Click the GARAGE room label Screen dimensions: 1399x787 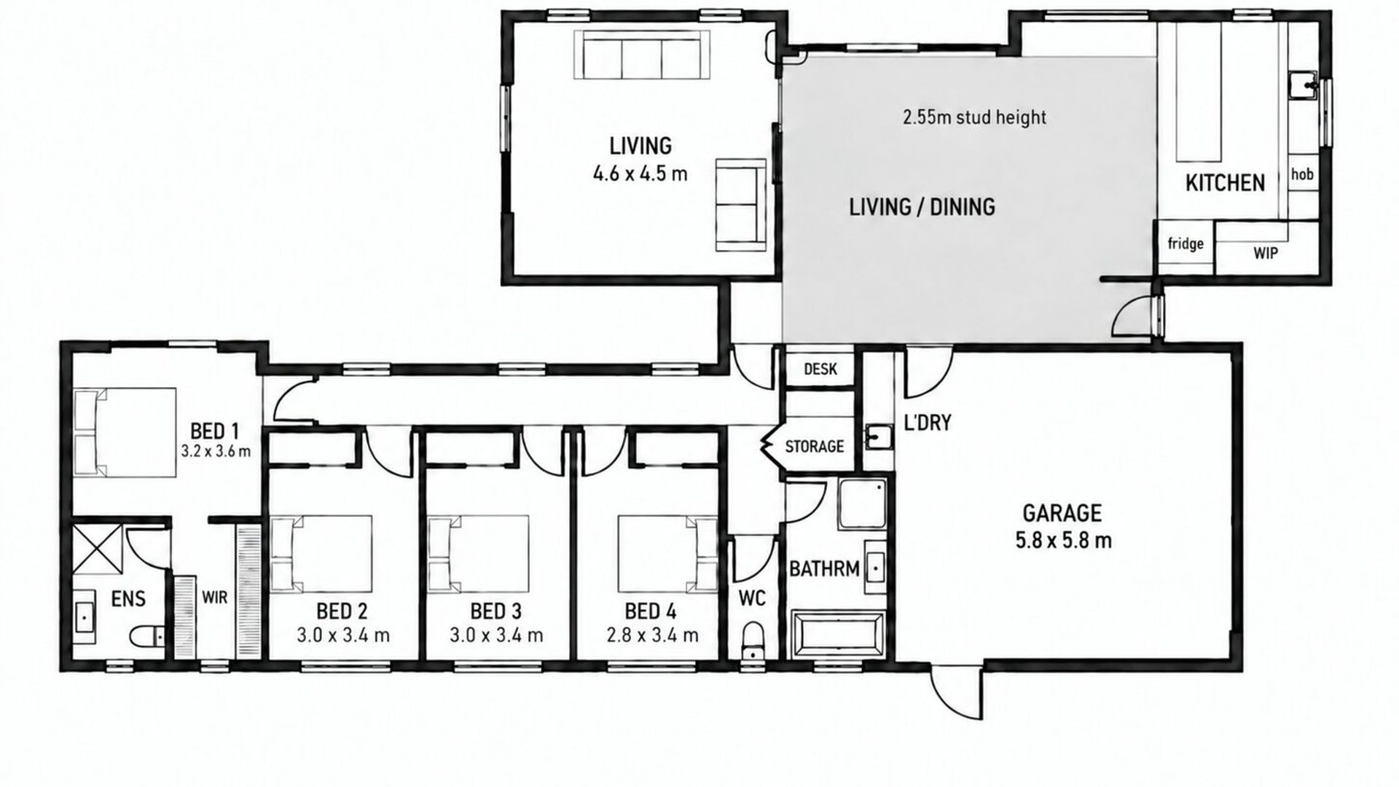tap(1062, 513)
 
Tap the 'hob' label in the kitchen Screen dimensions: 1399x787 tap(1302, 174)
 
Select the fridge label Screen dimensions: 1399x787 tap(1186, 243)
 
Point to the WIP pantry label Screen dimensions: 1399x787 tap(1265, 254)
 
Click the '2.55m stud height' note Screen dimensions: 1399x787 tap(974, 117)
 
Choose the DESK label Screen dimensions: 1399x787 tap(820, 369)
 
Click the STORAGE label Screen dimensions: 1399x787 tap(815, 446)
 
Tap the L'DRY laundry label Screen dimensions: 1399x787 tap(927, 423)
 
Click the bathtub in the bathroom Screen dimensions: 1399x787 tap(838, 635)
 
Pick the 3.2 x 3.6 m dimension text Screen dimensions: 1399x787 tap(216, 451)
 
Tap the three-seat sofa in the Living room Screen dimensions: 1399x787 tap(641, 55)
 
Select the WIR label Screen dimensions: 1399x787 tap(214, 598)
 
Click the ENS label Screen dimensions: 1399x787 tap(128, 599)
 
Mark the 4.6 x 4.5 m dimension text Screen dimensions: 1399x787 tap(640, 174)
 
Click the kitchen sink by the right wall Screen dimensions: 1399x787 tap(1304, 85)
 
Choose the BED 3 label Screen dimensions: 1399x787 tap(496, 611)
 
